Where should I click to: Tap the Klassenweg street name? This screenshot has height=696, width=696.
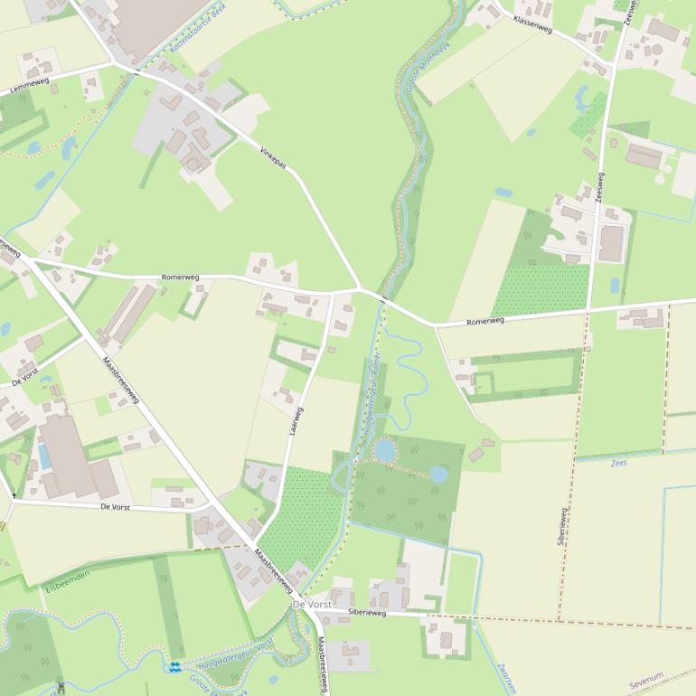tap(531, 24)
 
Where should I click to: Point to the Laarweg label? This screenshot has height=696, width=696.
tap(296, 422)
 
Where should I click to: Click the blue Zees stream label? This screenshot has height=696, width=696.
tap(619, 463)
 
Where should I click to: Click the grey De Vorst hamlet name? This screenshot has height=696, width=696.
tap(312, 603)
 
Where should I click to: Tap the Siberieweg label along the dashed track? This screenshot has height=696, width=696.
tap(562, 527)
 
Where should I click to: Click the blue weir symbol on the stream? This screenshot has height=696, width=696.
tap(174, 667)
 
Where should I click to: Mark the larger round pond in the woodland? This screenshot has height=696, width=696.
tap(384, 449)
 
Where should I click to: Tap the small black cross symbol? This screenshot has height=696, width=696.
tap(14, 495)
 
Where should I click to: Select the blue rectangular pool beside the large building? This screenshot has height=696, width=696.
tap(44, 456)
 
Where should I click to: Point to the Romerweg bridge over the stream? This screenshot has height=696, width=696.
tap(384, 297)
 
